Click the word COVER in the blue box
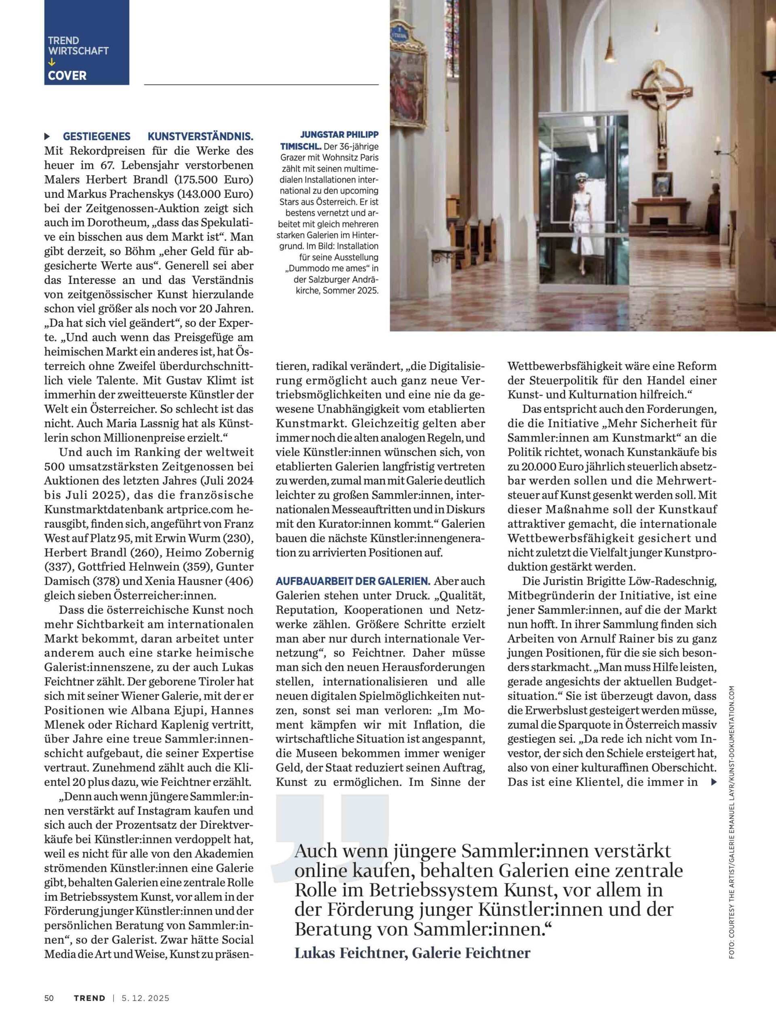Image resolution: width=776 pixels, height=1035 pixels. [67, 76]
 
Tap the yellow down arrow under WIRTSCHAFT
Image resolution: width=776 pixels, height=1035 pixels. [51, 62]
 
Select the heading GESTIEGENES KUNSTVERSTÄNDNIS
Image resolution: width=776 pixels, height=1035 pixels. [158, 137]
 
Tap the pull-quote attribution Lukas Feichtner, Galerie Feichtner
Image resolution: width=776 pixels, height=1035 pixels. [412, 953]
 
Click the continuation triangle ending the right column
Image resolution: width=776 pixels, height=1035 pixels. [713, 782]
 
